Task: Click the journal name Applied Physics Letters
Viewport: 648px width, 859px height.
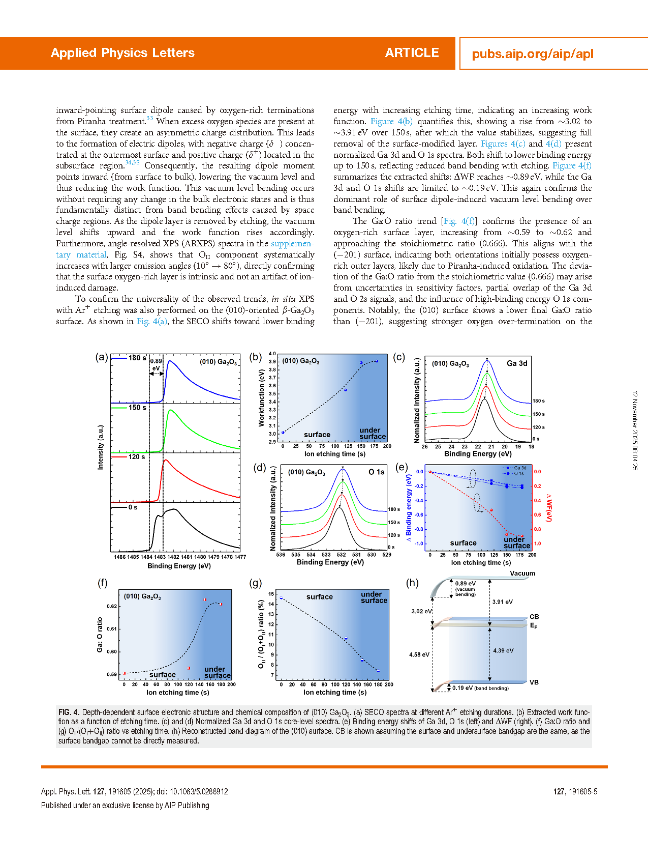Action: pyautogui.click(x=122, y=53)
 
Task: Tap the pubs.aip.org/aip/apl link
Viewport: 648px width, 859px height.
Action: pyautogui.click(x=533, y=54)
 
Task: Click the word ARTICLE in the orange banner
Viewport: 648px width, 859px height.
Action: pyautogui.click(x=412, y=53)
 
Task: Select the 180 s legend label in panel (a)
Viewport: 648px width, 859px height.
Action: pyautogui.click(x=137, y=358)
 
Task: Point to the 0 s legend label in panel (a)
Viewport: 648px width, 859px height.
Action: pyautogui.click(x=133, y=507)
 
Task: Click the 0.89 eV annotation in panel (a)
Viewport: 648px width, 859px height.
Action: pyautogui.click(x=156, y=364)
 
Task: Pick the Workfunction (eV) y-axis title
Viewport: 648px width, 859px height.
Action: pyautogui.click(x=262, y=398)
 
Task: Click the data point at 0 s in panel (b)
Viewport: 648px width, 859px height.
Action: pyautogui.click(x=283, y=433)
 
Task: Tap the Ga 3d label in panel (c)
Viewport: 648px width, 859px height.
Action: pyautogui.click(x=517, y=363)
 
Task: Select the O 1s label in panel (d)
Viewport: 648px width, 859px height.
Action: pyautogui.click(x=377, y=472)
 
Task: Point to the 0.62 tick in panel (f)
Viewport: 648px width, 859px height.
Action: pyautogui.click(x=112, y=607)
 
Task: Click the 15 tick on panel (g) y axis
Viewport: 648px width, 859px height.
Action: pyautogui.click(x=271, y=594)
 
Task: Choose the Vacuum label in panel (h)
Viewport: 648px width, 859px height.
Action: pyautogui.click(x=522, y=574)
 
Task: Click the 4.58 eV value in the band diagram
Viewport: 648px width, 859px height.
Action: pyautogui.click(x=419, y=655)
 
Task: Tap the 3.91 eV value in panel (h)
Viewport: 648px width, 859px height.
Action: pyautogui.click(x=503, y=602)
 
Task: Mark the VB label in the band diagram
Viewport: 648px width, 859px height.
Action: pyautogui.click(x=534, y=682)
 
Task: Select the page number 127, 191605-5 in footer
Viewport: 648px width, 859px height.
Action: pyautogui.click(x=575, y=792)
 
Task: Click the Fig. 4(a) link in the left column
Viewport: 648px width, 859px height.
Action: pyautogui.click(x=151, y=322)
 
